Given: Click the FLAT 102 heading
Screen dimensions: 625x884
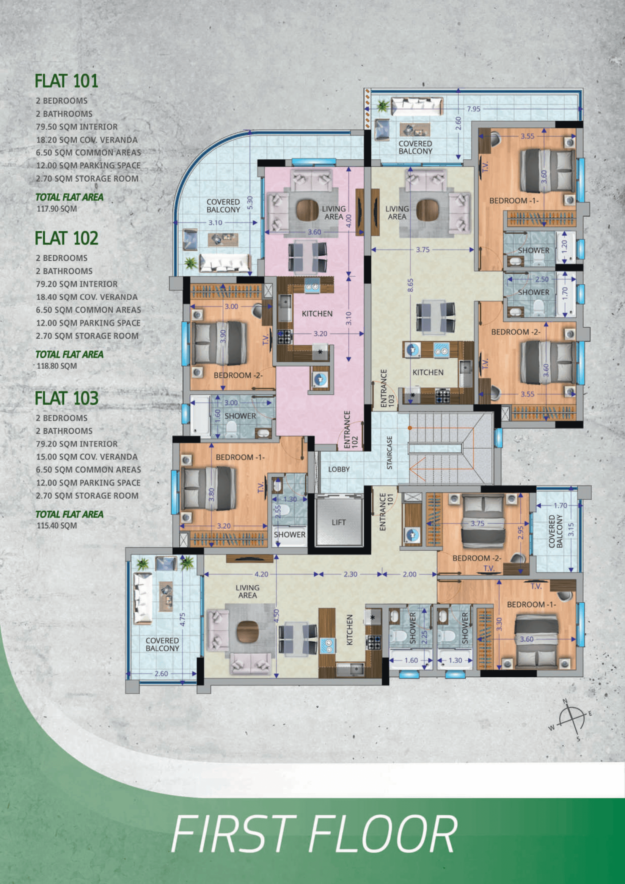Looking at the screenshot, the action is pyautogui.click(x=66, y=238).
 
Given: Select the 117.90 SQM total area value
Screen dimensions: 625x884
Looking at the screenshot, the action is pyautogui.click(x=57, y=209).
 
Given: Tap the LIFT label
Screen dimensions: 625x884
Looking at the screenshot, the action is pyautogui.click(x=339, y=523).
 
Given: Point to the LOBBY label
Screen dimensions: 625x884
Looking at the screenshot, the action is pyautogui.click(x=339, y=469).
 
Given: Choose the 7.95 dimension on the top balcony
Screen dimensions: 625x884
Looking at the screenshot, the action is pyautogui.click(x=474, y=109).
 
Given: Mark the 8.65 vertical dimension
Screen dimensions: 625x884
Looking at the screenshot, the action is pyautogui.click(x=410, y=285).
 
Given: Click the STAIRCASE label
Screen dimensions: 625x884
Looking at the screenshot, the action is pyautogui.click(x=390, y=452).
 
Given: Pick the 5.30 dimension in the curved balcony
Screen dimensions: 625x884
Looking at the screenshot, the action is pyautogui.click(x=250, y=203).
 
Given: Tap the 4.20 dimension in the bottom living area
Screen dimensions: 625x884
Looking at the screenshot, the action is pyautogui.click(x=261, y=574).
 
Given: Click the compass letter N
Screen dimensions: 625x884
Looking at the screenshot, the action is pyautogui.click(x=565, y=701).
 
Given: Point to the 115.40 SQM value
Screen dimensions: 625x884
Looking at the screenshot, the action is pyautogui.click(x=57, y=526).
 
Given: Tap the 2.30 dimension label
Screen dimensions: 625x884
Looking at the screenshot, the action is pyautogui.click(x=350, y=574).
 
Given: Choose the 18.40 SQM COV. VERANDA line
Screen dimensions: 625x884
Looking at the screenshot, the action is pyautogui.click(x=87, y=297).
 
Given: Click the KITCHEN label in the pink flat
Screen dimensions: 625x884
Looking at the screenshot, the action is pyautogui.click(x=317, y=314).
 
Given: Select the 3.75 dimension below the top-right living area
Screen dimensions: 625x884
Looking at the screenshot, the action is pyautogui.click(x=422, y=250).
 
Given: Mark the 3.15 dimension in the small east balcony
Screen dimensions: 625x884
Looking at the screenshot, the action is pyautogui.click(x=572, y=529).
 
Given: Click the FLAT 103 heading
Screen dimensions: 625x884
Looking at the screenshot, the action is pyautogui.click(x=66, y=398).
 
